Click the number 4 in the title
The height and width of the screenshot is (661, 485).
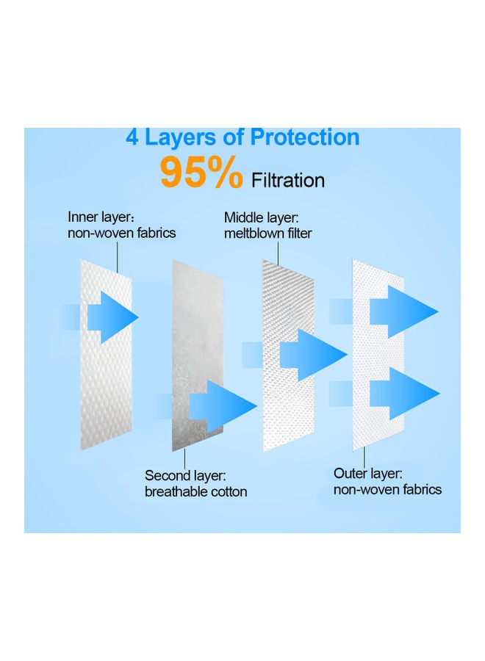(x=133, y=137)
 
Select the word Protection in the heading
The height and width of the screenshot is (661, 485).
(x=304, y=137)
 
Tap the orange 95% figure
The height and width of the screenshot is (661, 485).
(x=201, y=173)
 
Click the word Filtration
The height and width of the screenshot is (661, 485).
(x=288, y=179)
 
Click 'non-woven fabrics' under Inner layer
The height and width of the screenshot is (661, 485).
(x=122, y=234)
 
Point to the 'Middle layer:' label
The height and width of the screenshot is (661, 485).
(x=262, y=217)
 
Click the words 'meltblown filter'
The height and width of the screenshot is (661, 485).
(x=268, y=234)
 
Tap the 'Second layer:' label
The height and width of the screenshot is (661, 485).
(x=185, y=475)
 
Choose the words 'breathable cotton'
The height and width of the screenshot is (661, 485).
(x=195, y=491)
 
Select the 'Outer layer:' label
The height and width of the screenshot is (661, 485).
(x=367, y=473)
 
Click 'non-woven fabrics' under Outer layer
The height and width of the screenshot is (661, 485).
(x=387, y=489)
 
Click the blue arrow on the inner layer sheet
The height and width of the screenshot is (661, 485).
(x=112, y=317)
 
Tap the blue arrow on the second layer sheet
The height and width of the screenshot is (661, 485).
(x=220, y=405)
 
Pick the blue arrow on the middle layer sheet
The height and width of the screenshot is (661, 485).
(x=312, y=355)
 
